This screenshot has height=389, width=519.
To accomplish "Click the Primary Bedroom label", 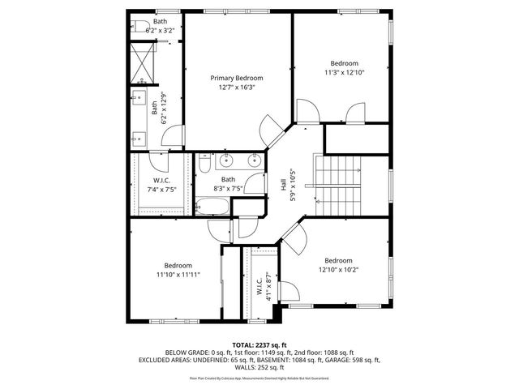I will point(237,78).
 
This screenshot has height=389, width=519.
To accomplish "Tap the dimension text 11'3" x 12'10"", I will point(344,72).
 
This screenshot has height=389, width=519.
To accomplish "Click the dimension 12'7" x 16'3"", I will point(237,88).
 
